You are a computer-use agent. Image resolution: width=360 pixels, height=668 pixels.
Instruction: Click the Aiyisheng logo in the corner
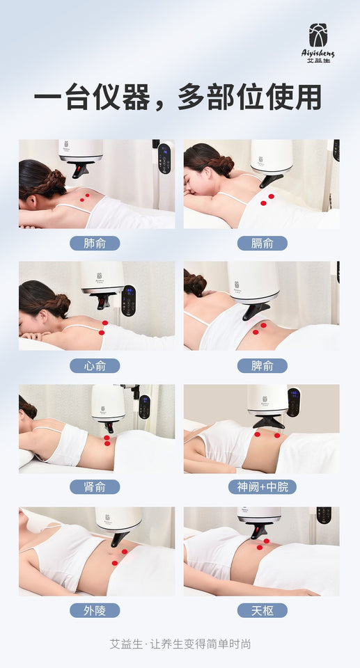click(321, 42)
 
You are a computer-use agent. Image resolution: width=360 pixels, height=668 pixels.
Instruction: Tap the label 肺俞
click(95, 244)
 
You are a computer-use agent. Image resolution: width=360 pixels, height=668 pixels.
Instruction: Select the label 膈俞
click(262, 244)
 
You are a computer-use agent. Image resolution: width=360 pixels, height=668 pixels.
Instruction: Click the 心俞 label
click(95, 365)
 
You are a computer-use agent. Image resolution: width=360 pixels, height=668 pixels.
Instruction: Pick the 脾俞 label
click(262, 365)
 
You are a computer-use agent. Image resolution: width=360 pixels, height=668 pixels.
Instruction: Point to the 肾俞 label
click(95, 486)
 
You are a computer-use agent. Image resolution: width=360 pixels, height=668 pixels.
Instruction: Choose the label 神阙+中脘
click(262, 486)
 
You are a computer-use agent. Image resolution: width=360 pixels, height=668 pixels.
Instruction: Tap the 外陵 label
click(95, 610)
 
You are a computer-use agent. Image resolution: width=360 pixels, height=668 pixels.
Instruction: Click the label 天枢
click(262, 610)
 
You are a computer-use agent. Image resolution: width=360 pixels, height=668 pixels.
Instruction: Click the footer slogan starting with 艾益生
click(180, 644)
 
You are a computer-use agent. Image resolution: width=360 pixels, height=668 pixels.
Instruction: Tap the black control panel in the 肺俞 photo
click(164, 158)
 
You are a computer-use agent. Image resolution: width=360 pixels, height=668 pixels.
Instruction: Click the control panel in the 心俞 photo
click(128, 299)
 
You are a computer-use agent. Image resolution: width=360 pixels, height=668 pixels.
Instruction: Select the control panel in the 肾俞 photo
click(144, 406)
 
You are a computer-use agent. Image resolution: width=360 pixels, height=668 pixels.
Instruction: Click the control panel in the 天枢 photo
click(324, 515)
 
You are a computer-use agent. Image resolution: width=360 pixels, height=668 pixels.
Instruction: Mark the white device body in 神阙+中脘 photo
click(268, 399)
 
